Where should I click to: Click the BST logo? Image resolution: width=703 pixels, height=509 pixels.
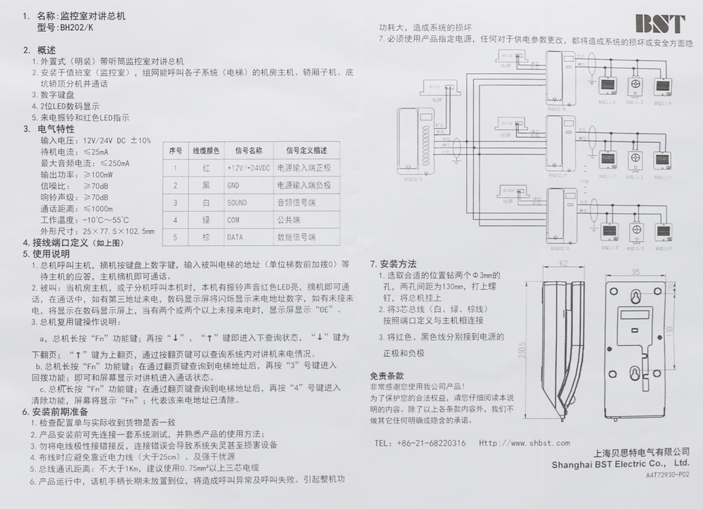pyautogui.click(x=660, y=24)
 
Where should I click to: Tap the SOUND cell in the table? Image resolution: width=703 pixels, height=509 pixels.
pyautogui.click(x=237, y=202)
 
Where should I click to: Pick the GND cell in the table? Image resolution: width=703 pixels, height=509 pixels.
pyautogui.click(x=233, y=185)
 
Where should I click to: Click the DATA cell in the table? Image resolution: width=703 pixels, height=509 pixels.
pyautogui.click(x=234, y=238)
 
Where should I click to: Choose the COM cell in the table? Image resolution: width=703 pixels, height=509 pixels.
pyautogui.click(x=233, y=220)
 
